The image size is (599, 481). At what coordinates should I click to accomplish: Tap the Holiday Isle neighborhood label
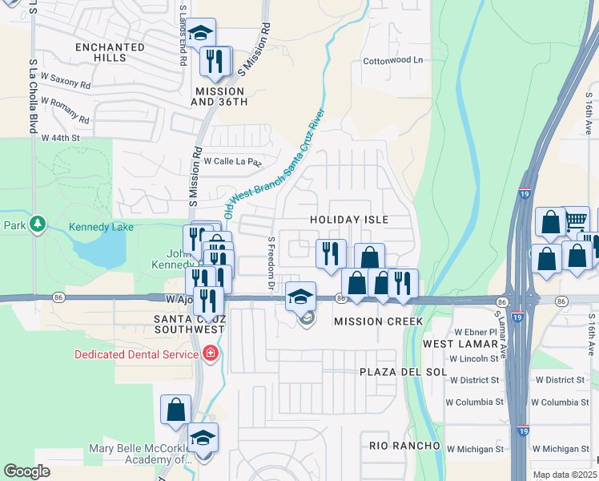[349, 220]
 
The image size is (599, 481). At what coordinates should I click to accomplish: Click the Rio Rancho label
[405, 445]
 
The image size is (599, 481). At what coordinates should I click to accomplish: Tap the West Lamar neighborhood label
[451, 344]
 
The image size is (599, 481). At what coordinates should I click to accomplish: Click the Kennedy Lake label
[101, 228]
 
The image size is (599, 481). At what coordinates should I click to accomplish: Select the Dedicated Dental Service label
[136, 354]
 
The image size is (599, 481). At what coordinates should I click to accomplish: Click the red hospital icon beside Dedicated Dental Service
[211, 354]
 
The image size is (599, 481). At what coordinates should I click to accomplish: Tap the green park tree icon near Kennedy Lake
[36, 225]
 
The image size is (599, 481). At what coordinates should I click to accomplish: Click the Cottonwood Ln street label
[392, 60]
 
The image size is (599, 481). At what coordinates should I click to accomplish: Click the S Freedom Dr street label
[271, 263]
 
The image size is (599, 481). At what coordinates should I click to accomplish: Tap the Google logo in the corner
[26, 471]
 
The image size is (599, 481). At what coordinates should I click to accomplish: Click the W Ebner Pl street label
[476, 332]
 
